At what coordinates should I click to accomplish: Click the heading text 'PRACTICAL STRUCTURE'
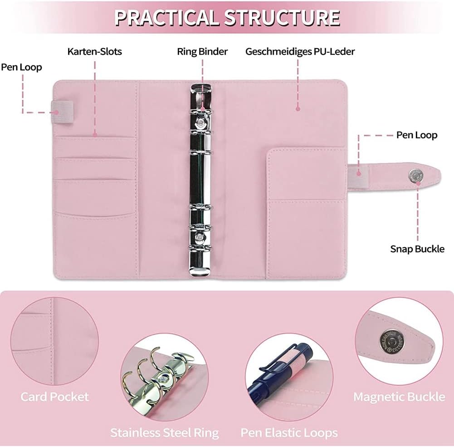[227, 17]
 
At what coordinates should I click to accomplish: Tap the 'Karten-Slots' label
[94, 51]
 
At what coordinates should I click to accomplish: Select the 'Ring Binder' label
[202, 51]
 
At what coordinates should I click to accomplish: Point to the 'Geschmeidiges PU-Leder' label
[300, 51]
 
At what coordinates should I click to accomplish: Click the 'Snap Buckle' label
[417, 249]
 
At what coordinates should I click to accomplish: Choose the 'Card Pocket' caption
[54, 397]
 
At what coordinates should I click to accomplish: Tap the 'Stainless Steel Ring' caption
[164, 432]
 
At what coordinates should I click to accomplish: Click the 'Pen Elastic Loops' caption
[289, 432]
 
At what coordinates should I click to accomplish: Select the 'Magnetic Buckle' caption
[399, 397]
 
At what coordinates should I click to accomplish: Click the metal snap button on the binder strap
[415, 175]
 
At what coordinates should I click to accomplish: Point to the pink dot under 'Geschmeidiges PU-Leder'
[298, 108]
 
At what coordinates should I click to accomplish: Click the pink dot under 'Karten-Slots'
[95, 134]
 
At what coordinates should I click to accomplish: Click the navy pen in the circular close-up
[290, 363]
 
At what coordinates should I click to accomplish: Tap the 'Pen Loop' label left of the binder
[21, 67]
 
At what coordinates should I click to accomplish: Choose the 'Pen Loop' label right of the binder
[417, 135]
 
